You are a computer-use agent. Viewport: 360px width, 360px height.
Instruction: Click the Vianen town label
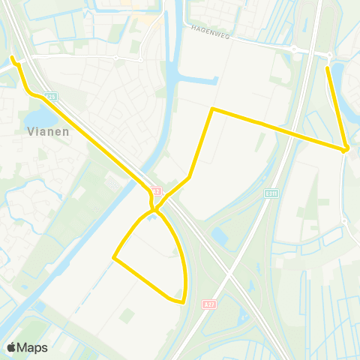click(x=47, y=130)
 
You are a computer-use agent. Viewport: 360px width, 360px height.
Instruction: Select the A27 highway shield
click(x=208, y=304)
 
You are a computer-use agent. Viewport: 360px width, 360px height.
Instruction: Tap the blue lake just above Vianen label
click(x=37, y=118)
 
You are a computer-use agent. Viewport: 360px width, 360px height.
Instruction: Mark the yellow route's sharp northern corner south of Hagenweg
click(x=213, y=109)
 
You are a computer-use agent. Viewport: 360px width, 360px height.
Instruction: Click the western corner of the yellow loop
click(x=114, y=258)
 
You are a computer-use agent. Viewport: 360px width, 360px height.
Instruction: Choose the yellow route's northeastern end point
click(x=328, y=68)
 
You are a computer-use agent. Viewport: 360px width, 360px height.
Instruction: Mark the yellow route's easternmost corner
click(x=346, y=149)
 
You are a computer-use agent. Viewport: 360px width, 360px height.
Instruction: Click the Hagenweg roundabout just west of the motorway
click(x=295, y=49)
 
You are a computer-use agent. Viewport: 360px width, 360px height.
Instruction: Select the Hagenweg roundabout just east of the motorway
click(x=329, y=55)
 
